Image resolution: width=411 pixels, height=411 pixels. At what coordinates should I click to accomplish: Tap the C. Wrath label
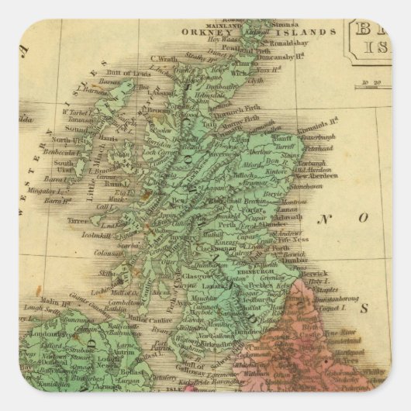(x=167, y=57)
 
